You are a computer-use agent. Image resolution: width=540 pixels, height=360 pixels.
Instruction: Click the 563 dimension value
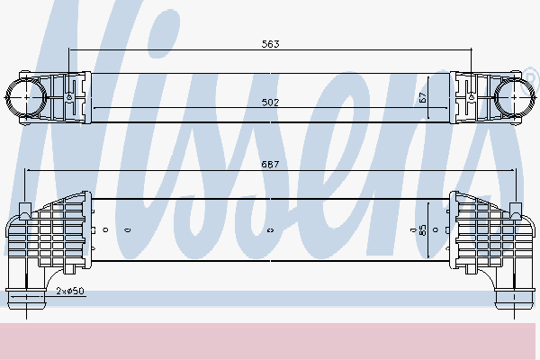point(270,42)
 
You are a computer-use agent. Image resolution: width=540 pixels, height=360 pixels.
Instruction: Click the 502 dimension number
point(271,103)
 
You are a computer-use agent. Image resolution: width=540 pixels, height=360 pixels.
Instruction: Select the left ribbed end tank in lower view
point(63,231)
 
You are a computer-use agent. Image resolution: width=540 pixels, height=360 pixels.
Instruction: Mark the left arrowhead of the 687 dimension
point(27,169)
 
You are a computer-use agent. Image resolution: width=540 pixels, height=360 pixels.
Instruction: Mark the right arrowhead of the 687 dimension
point(514,169)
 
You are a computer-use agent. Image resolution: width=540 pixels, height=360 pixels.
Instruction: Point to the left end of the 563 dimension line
point(69,49)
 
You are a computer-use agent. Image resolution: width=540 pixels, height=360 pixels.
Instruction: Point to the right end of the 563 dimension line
point(472,49)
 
